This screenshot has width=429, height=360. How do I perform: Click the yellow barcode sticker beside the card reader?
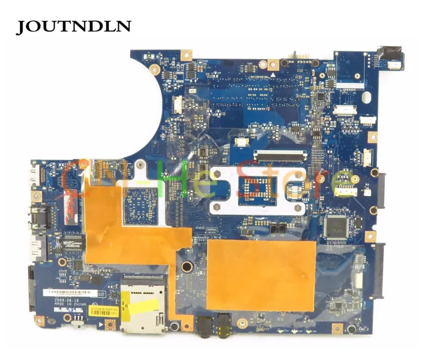tap(106, 309)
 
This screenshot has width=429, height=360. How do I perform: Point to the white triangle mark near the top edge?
tap(273, 74)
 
